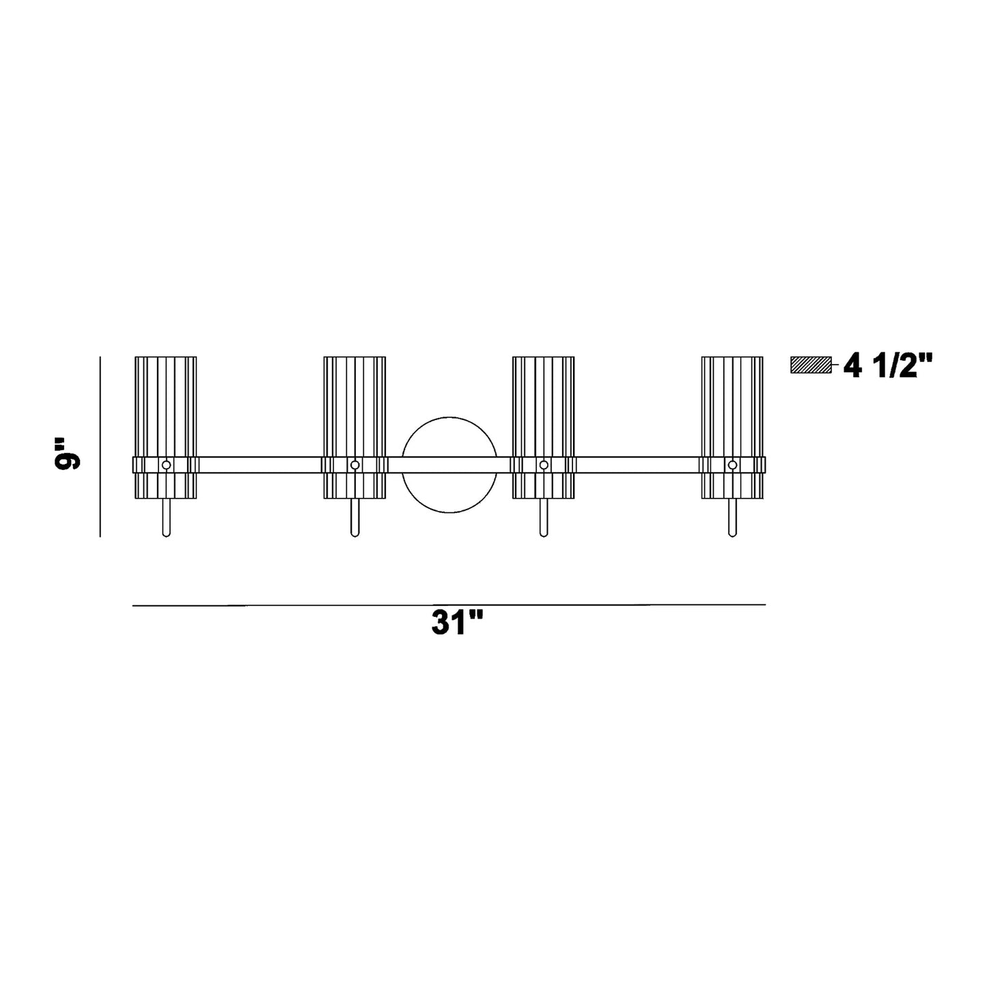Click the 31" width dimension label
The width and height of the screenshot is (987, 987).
click(457, 623)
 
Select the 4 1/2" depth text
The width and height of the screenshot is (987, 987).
click(887, 367)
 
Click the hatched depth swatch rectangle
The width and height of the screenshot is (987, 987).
click(811, 365)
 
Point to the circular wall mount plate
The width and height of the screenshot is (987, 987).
click(449, 430)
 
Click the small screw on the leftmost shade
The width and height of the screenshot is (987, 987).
click(166, 465)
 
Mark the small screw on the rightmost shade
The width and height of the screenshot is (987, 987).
click(732, 465)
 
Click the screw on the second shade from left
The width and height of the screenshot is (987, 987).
click(355, 465)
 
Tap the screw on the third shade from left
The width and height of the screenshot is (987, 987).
click(544, 465)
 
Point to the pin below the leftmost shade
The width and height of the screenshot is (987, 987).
click(166, 518)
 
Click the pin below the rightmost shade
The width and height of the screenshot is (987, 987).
click(732, 518)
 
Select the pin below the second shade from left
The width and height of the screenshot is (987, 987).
click(355, 518)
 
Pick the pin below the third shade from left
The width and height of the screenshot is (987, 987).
click(544, 518)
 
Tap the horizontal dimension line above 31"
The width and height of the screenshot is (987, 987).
click(449, 604)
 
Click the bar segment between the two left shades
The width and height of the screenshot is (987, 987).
click(260, 465)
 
